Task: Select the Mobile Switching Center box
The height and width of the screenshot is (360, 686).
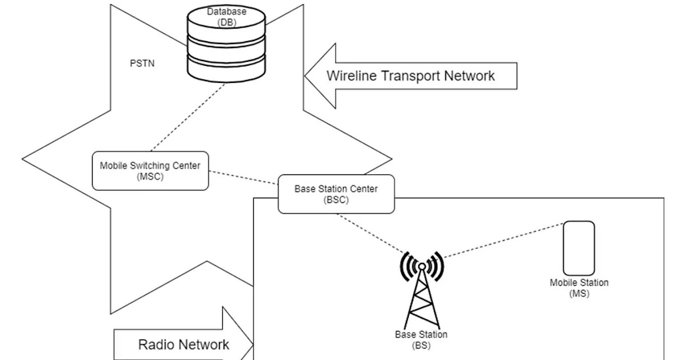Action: (x=150, y=171)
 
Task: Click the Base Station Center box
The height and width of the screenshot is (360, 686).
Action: (x=336, y=194)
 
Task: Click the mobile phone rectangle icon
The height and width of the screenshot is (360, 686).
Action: (x=579, y=249)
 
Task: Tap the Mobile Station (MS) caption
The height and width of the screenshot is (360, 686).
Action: (x=579, y=288)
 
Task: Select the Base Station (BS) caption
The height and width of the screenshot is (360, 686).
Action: (x=421, y=339)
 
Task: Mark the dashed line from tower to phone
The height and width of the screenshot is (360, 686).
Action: (x=503, y=239)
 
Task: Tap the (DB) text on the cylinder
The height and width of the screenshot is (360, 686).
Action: (x=227, y=22)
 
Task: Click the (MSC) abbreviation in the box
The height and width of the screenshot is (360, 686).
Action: (x=150, y=176)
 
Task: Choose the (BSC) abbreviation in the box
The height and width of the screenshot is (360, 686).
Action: (x=336, y=200)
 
